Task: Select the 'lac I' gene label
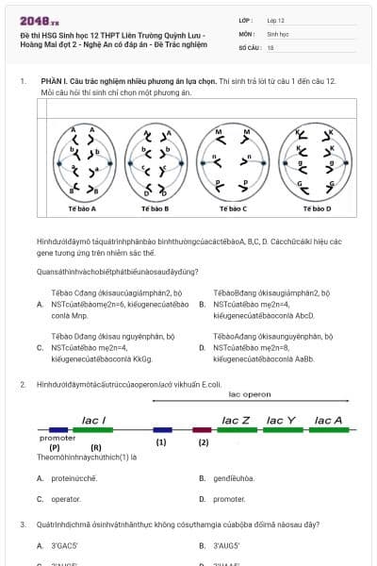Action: (94, 420)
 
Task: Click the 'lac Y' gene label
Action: (281, 420)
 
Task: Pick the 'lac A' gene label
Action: (328, 420)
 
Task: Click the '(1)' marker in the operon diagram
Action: (161, 441)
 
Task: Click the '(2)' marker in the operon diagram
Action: (203, 441)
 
